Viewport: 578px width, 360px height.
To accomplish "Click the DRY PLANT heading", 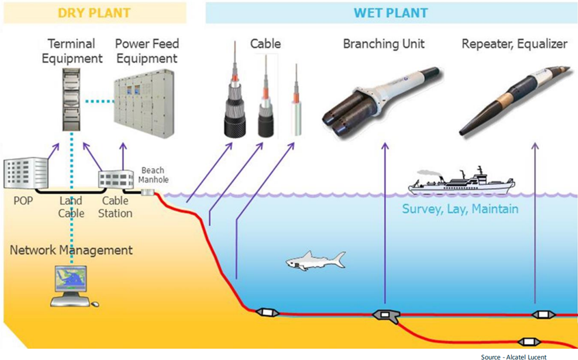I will pyautogui.click(x=94, y=12).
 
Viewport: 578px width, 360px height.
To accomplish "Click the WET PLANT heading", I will pyautogui.click(x=391, y=12).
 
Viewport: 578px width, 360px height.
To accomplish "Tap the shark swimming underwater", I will pyautogui.click(x=315, y=260).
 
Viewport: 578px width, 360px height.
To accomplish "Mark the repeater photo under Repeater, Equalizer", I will pyautogui.click(x=512, y=99).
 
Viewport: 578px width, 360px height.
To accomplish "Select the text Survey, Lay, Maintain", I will pyautogui.click(x=460, y=209).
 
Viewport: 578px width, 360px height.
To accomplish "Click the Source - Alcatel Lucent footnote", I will pyautogui.click(x=514, y=357).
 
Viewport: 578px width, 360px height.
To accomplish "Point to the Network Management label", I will pyautogui.click(x=71, y=250).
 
